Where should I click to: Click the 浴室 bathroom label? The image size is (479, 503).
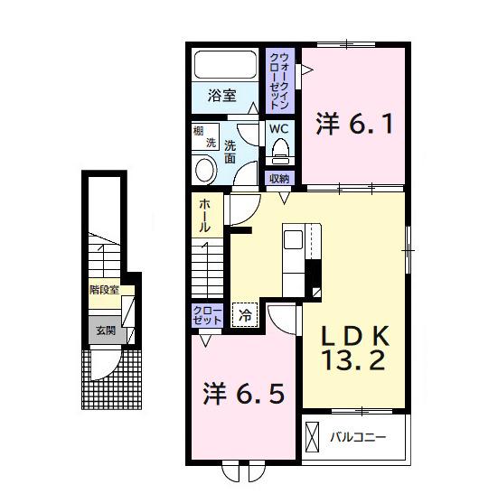[x=221, y=96]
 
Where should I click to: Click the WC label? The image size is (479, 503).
[x=278, y=128]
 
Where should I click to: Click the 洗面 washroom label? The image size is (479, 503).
[x=230, y=151]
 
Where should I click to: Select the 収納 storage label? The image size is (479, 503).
[x=279, y=178]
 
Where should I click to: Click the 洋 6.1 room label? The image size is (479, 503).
[x=354, y=122]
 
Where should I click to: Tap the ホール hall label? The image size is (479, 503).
[x=205, y=217]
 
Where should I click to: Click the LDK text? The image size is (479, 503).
[x=356, y=336]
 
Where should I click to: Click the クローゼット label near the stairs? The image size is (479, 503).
[x=206, y=315]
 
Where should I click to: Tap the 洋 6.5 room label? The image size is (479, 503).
[x=243, y=394]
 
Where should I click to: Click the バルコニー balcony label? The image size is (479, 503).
[x=357, y=438]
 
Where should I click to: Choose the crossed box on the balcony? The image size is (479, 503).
[x=314, y=438]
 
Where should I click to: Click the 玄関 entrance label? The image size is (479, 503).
[x=105, y=331]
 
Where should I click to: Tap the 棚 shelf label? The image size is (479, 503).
[x=198, y=131]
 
